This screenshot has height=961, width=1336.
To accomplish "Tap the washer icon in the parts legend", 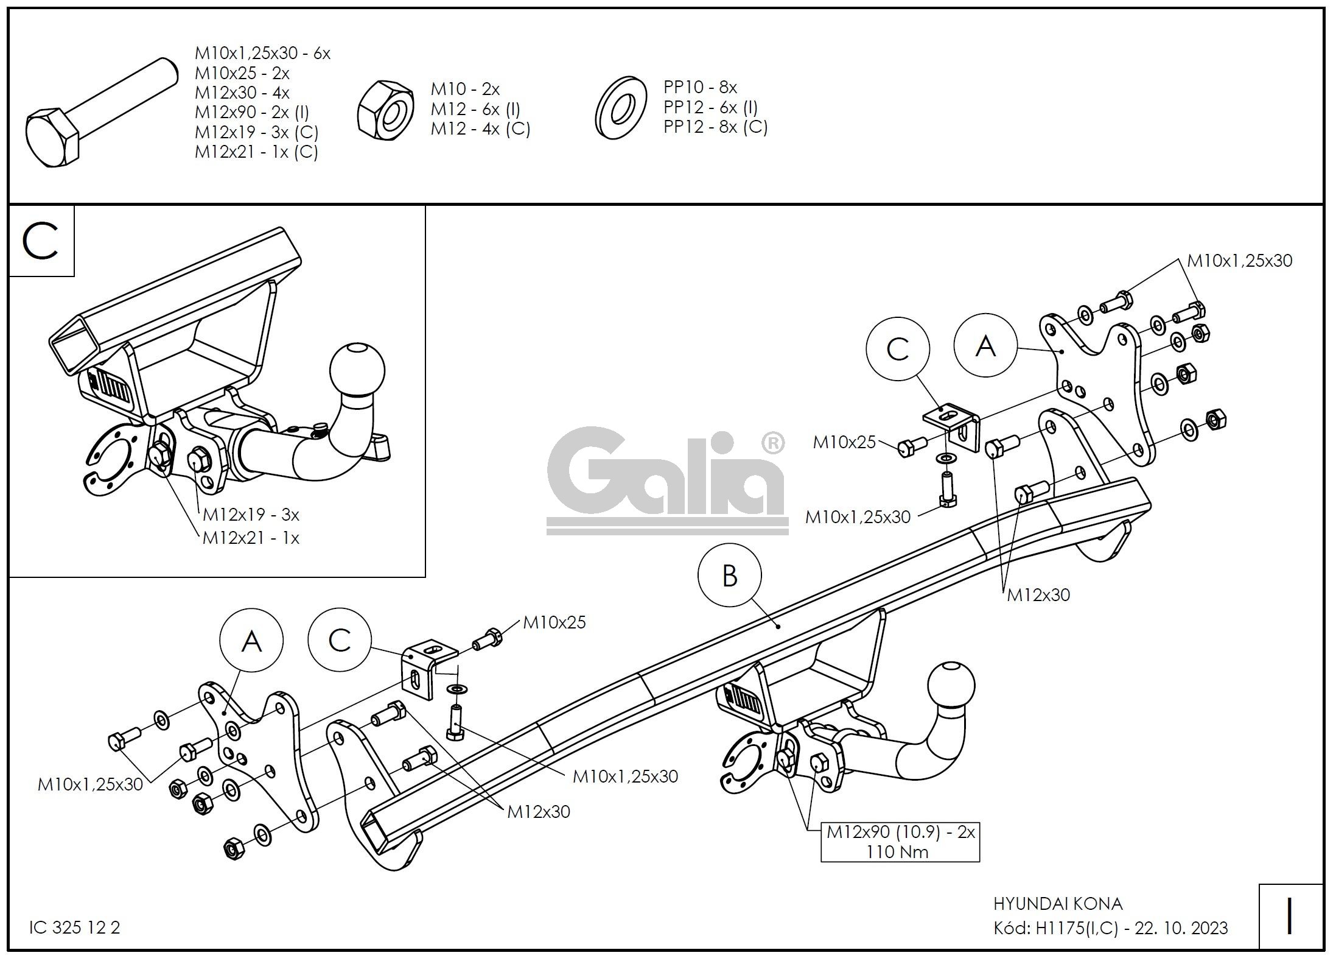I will tap(621, 108).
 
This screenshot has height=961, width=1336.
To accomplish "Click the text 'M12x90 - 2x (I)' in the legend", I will tap(252, 113).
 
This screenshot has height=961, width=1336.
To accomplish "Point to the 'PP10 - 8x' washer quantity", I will tap(700, 87).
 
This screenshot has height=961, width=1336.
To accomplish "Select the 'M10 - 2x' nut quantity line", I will tap(465, 90).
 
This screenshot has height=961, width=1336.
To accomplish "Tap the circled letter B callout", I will tap(729, 575).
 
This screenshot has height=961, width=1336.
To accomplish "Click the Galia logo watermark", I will tap(666, 481).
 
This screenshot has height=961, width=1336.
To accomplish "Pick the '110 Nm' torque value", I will tap(898, 851).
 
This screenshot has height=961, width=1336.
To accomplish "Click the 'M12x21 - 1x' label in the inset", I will tap(251, 538).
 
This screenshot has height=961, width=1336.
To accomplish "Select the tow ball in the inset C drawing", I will tap(357, 371).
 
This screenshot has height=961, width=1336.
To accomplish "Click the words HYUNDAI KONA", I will tap(1058, 904).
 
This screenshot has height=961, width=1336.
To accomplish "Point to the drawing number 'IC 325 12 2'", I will tap(75, 928).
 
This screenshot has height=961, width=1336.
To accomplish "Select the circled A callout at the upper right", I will tap(985, 346).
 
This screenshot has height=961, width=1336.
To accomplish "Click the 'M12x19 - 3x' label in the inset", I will tap(251, 515).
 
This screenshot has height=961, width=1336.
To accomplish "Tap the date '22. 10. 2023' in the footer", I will tap(1181, 928).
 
